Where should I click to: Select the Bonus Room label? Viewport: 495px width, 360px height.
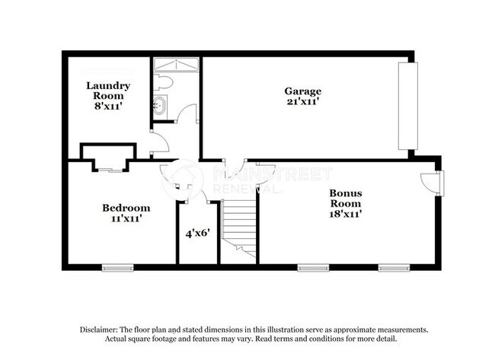coord(345,199)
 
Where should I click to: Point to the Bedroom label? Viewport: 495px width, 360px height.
coord(126,207)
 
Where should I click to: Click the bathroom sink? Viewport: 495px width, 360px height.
coord(161,105)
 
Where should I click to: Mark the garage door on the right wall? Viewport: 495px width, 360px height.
coord(408,106)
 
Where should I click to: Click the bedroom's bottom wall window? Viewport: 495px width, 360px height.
coord(117,267)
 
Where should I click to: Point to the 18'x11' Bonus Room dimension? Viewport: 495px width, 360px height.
coord(345,214)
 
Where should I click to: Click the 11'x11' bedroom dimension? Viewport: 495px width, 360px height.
coord(126,218)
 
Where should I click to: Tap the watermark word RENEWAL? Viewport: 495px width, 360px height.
coord(238,188)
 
